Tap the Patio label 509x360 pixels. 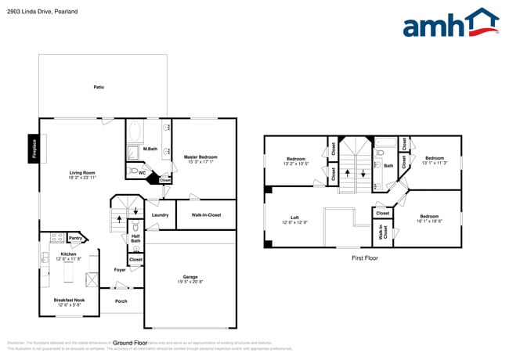coord(99,87)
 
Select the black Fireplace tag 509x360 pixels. coord(34,148)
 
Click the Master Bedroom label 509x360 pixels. coord(200,157)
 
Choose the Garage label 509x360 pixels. coord(190,277)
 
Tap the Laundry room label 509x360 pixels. coord(161,214)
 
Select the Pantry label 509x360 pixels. coord(75,238)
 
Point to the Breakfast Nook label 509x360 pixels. coord(69,301)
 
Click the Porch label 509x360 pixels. coord(121,301)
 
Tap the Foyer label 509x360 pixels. coord(120,270)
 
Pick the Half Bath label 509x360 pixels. coord(135,239)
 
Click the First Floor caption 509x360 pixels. coord(364,257)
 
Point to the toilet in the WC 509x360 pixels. coord(134,170)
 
